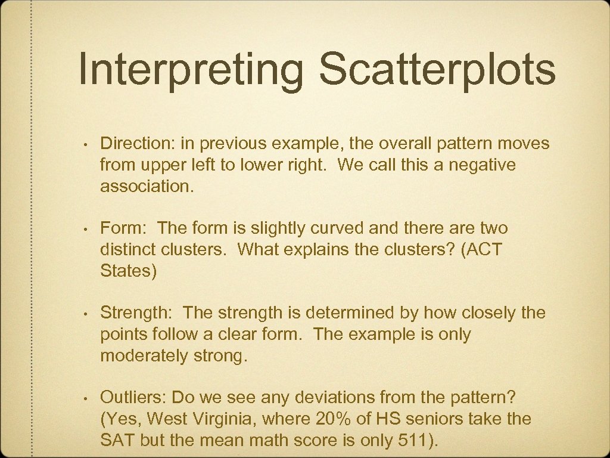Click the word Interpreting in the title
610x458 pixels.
point(191,70)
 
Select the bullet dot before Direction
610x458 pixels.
point(86,145)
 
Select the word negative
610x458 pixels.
point(482,165)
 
